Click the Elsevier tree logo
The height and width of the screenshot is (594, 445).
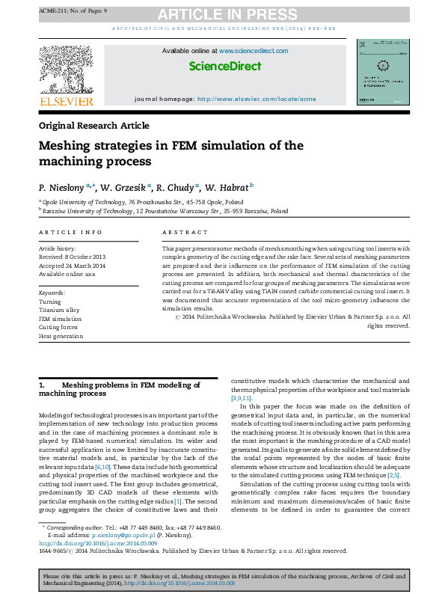(x=66, y=71)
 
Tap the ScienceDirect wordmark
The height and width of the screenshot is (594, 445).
(x=224, y=67)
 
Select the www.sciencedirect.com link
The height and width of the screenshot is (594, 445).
(x=254, y=51)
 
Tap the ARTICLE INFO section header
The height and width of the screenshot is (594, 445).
(x=70, y=233)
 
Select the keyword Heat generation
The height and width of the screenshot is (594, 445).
(x=62, y=336)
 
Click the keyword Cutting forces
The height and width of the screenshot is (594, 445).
(x=60, y=328)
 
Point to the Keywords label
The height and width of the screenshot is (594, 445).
(x=52, y=293)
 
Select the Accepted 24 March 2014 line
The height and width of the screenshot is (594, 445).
(x=72, y=266)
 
